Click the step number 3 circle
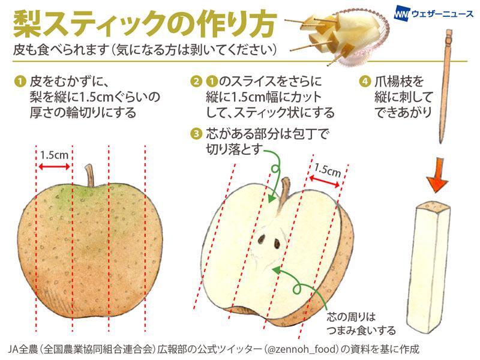196,133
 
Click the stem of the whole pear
90,175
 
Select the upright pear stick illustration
431,264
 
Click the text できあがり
400,111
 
